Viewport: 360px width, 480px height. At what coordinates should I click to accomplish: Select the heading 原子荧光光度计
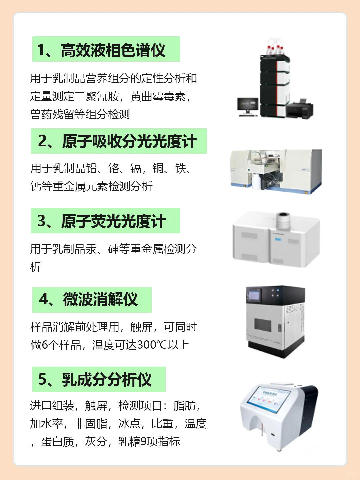[113, 221]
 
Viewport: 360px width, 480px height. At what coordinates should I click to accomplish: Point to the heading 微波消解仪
[100, 299]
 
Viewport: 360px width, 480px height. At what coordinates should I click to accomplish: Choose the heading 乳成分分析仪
[107, 379]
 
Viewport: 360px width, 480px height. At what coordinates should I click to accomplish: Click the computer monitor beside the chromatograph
[248, 106]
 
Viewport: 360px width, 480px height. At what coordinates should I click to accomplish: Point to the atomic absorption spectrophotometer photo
[276, 171]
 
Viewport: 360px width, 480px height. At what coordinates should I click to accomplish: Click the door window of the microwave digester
[263, 324]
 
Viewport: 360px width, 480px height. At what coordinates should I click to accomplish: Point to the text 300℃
[152, 345]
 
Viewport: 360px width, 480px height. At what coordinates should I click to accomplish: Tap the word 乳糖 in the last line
[129, 442]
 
